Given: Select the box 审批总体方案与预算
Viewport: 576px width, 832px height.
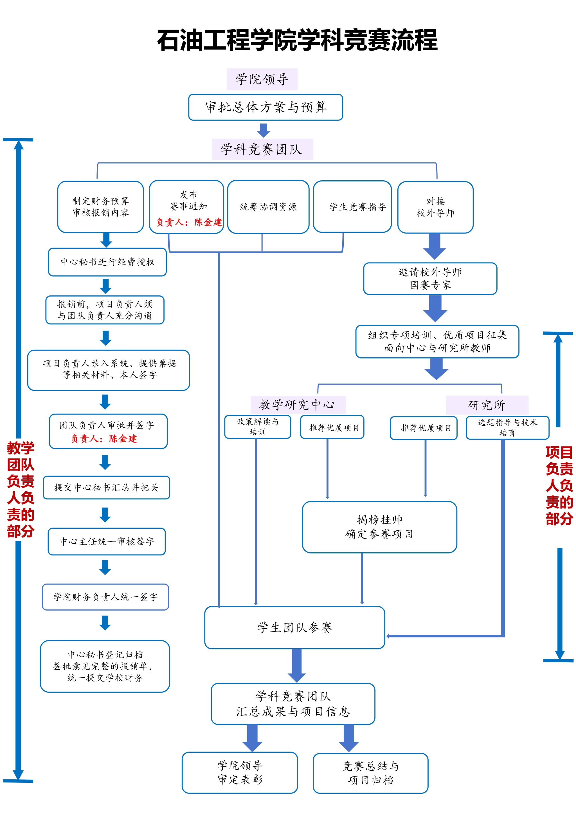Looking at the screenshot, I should (265, 107).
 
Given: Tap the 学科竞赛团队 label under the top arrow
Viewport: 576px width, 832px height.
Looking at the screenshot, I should (262, 149).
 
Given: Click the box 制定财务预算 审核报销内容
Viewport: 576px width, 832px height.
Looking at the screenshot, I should (100, 207).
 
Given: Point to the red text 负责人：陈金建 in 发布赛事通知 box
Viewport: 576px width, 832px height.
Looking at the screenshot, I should (189, 222).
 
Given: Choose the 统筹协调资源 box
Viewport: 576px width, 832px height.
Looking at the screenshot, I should (268, 207).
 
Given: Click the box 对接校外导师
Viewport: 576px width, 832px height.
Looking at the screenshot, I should (435, 207).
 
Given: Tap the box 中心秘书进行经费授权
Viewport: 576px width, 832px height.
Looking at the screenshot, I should (107, 262).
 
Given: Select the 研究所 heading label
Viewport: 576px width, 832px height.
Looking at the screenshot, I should (487, 405).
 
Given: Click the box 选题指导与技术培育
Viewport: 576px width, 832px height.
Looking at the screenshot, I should (507, 427).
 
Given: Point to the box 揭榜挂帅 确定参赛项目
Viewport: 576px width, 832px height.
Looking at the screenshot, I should (379, 527).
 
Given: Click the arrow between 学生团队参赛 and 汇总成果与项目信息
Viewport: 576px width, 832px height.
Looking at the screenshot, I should (297, 665).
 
